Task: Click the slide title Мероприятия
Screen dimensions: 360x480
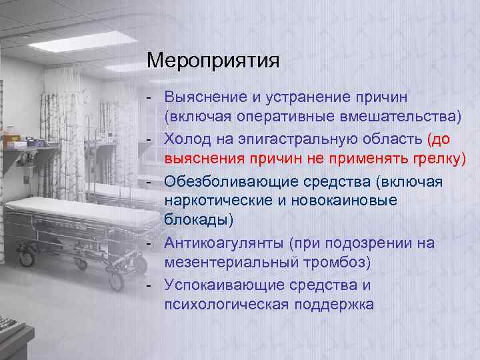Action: (x=213, y=62)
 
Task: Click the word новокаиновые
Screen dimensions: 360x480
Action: (x=351, y=200)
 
